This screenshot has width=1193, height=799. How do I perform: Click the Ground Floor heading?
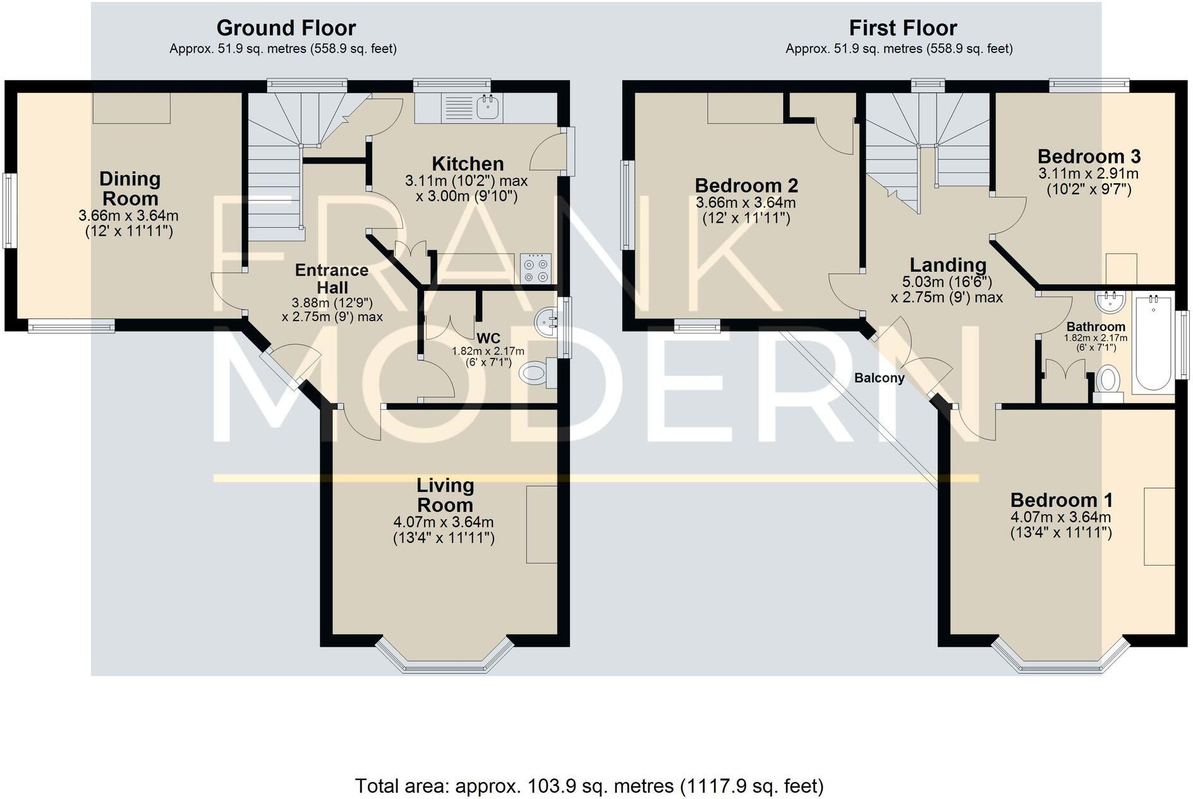pos(286,28)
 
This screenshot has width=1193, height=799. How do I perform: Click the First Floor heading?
pos(902,28)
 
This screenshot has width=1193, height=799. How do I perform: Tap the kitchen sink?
pos(488,108)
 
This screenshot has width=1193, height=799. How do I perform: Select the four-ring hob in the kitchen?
pos(536,269)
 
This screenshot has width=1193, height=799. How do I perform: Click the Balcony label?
pos(879,378)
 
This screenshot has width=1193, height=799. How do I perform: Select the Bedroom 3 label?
pos(1089,156)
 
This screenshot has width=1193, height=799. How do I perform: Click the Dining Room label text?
pos(130,188)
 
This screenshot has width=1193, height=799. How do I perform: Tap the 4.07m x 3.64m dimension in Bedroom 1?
pos(1060,517)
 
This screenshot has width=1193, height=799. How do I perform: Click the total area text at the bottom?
pos(589,786)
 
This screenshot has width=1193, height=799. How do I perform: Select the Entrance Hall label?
pos(332,279)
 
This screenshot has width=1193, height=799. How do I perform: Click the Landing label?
pos(947,265)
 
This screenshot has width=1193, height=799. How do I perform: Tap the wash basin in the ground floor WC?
pos(544,322)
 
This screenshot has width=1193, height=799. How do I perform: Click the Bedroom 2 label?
pos(746,185)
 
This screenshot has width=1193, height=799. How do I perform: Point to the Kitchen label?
pos(468,164)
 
